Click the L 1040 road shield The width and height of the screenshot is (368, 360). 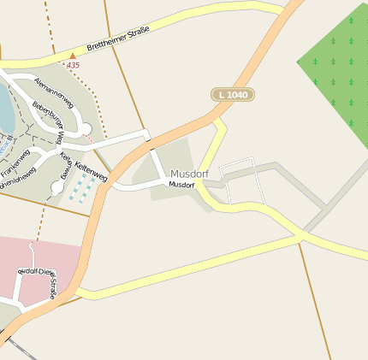233,94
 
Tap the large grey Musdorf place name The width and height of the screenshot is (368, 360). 189,174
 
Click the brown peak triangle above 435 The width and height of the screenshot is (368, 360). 72,56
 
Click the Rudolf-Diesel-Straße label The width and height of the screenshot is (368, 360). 39,281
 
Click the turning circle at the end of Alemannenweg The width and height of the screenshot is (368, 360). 86,129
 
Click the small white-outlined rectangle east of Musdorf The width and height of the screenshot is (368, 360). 240,181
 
